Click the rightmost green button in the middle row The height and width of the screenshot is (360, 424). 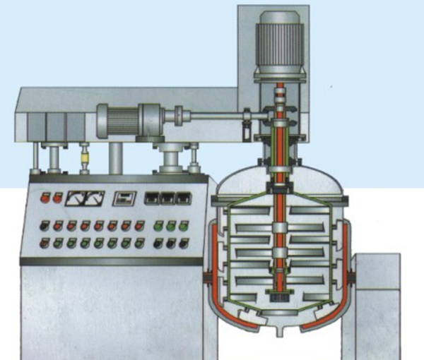coord(183,227)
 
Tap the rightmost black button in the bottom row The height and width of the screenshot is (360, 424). coord(183,243)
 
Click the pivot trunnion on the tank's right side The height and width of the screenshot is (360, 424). coord(350,275)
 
